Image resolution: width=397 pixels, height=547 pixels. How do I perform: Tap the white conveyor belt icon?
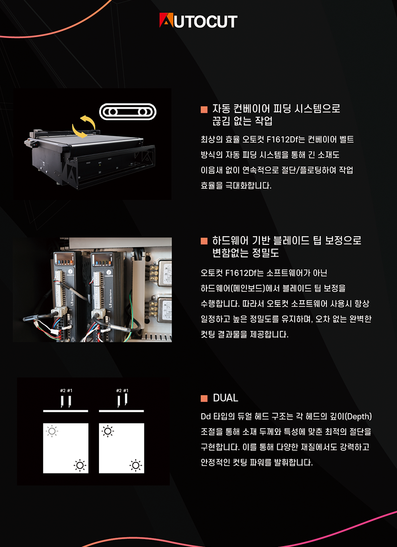click(128, 112)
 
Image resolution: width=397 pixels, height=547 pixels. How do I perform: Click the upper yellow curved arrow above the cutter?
click(88, 122)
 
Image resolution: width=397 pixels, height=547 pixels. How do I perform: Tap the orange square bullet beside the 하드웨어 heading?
click(204, 241)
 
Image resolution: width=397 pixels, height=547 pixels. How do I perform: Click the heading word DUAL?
click(225, 398)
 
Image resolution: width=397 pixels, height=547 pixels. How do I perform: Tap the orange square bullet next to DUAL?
click(204, 398)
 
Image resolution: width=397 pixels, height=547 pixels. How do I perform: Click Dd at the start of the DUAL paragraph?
click(205, 416)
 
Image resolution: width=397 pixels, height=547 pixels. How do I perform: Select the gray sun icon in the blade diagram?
click(52, 432)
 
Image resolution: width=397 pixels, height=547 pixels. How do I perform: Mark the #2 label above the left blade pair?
click(63, 390)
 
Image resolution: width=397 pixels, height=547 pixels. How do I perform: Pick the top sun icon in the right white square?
click(108, 432)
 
